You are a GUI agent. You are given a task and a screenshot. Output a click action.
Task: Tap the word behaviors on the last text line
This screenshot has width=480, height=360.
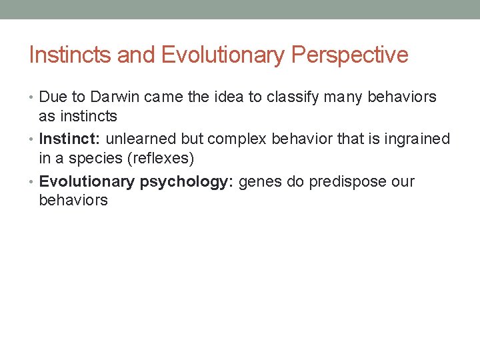click(x=73, y=200)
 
